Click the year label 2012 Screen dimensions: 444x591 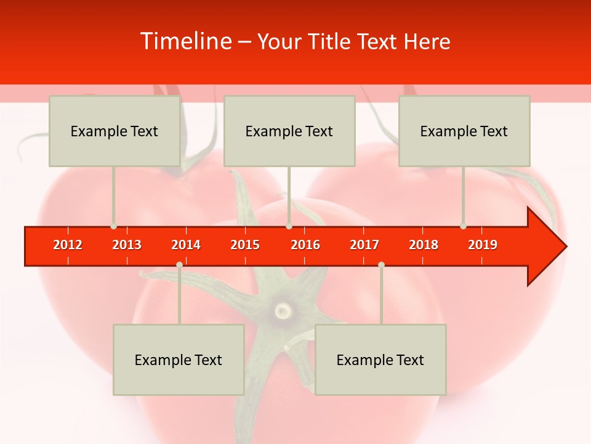coord(68,245)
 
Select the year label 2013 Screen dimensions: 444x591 coord(127,245)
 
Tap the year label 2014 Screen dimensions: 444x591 coord(186,245)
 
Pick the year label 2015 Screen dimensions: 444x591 coord(245,245)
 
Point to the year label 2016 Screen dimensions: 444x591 coord(305,245)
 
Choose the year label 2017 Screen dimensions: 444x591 coord(364,245)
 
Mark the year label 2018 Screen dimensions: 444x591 coord(424,245)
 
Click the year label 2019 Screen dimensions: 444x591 coord(483,245)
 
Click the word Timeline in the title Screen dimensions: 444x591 coord(185,41)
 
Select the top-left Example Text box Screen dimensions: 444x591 coord(115,131)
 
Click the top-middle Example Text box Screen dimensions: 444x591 coord(289,131)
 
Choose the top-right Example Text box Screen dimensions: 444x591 coord(464,131)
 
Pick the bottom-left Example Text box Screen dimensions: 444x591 coord(179,360)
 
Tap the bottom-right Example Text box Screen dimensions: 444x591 coord(380,360)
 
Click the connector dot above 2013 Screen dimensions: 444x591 coord(113,226)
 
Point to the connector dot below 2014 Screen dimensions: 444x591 coord(179,265)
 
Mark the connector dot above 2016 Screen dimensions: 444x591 coord(289,226)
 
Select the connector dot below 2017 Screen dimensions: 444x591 coord(381,265)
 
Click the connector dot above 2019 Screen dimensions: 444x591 coord(463,226)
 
